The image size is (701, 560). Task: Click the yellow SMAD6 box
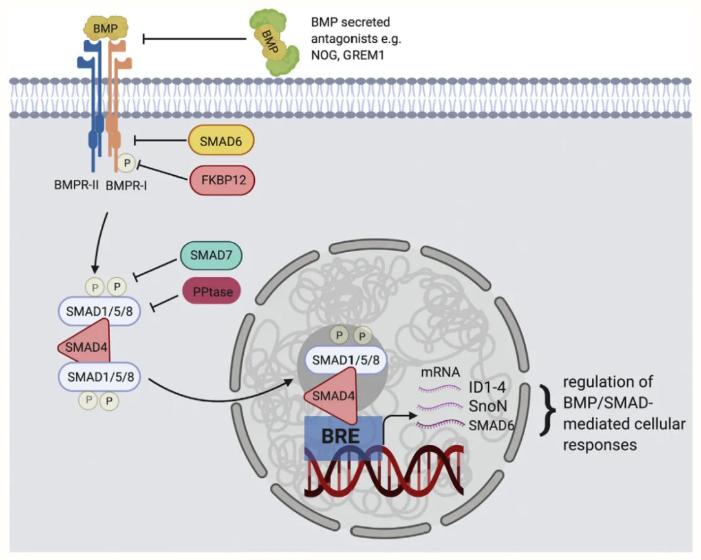(x=221, y=141)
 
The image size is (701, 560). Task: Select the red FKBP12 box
(x=222, y=180)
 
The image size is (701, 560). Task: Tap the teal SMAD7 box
(x=211, y=255)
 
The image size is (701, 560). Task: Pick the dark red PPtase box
(x=212, y=292)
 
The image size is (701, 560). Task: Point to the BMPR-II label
(x=76, y=184)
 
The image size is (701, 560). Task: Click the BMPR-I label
(x=126, y=185)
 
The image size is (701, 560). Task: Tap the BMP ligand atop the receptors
(x=105, y=28)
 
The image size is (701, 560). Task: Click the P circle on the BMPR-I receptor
(x=127, y=163)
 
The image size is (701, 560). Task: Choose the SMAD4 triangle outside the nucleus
(x=85, y=345)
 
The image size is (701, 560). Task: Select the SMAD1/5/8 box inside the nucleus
(x=345, y=360)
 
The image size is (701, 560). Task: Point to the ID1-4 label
(x=487, y=387)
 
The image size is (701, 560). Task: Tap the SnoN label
(x=488, y=406)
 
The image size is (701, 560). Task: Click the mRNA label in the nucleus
(x=440, y=371)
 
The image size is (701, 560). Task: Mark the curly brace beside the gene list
(x=547, y=409)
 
